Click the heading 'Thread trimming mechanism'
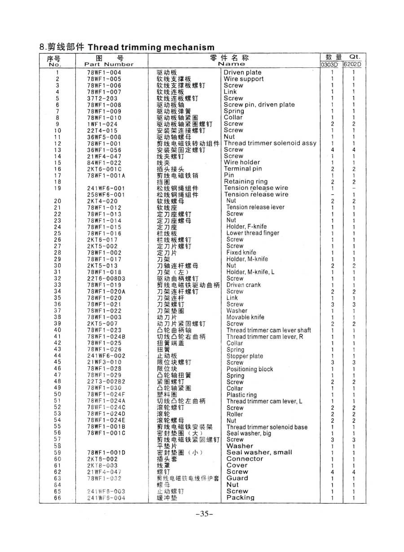pos(151,47)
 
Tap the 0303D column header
pos(331,64)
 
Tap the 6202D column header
pos(353,64)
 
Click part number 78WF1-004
pos(104,72)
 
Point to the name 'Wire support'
pos(244,79)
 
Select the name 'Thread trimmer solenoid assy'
pos(270,143)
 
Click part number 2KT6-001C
pos(104,169)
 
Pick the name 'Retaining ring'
pos(246,182)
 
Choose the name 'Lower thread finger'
pos(253,233)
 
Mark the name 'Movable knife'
pos(245,317)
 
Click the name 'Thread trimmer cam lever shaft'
pos(268,330)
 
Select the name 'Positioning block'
pos(250,369)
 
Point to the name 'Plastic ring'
pos(242,395)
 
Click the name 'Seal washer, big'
pos(249,434)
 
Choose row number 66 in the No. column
pos(57,498)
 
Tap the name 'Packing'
pos(240,498)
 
